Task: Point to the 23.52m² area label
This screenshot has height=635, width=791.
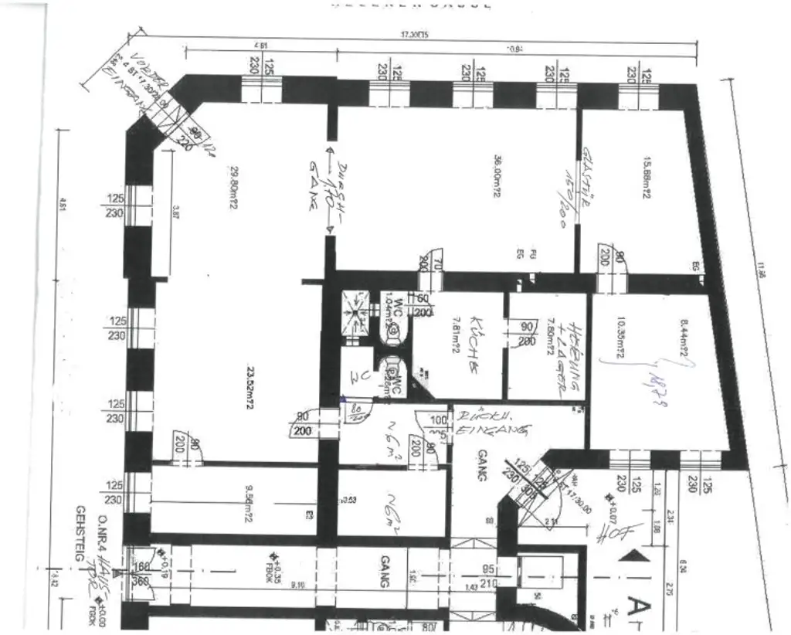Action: click(x=250, y=369)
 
